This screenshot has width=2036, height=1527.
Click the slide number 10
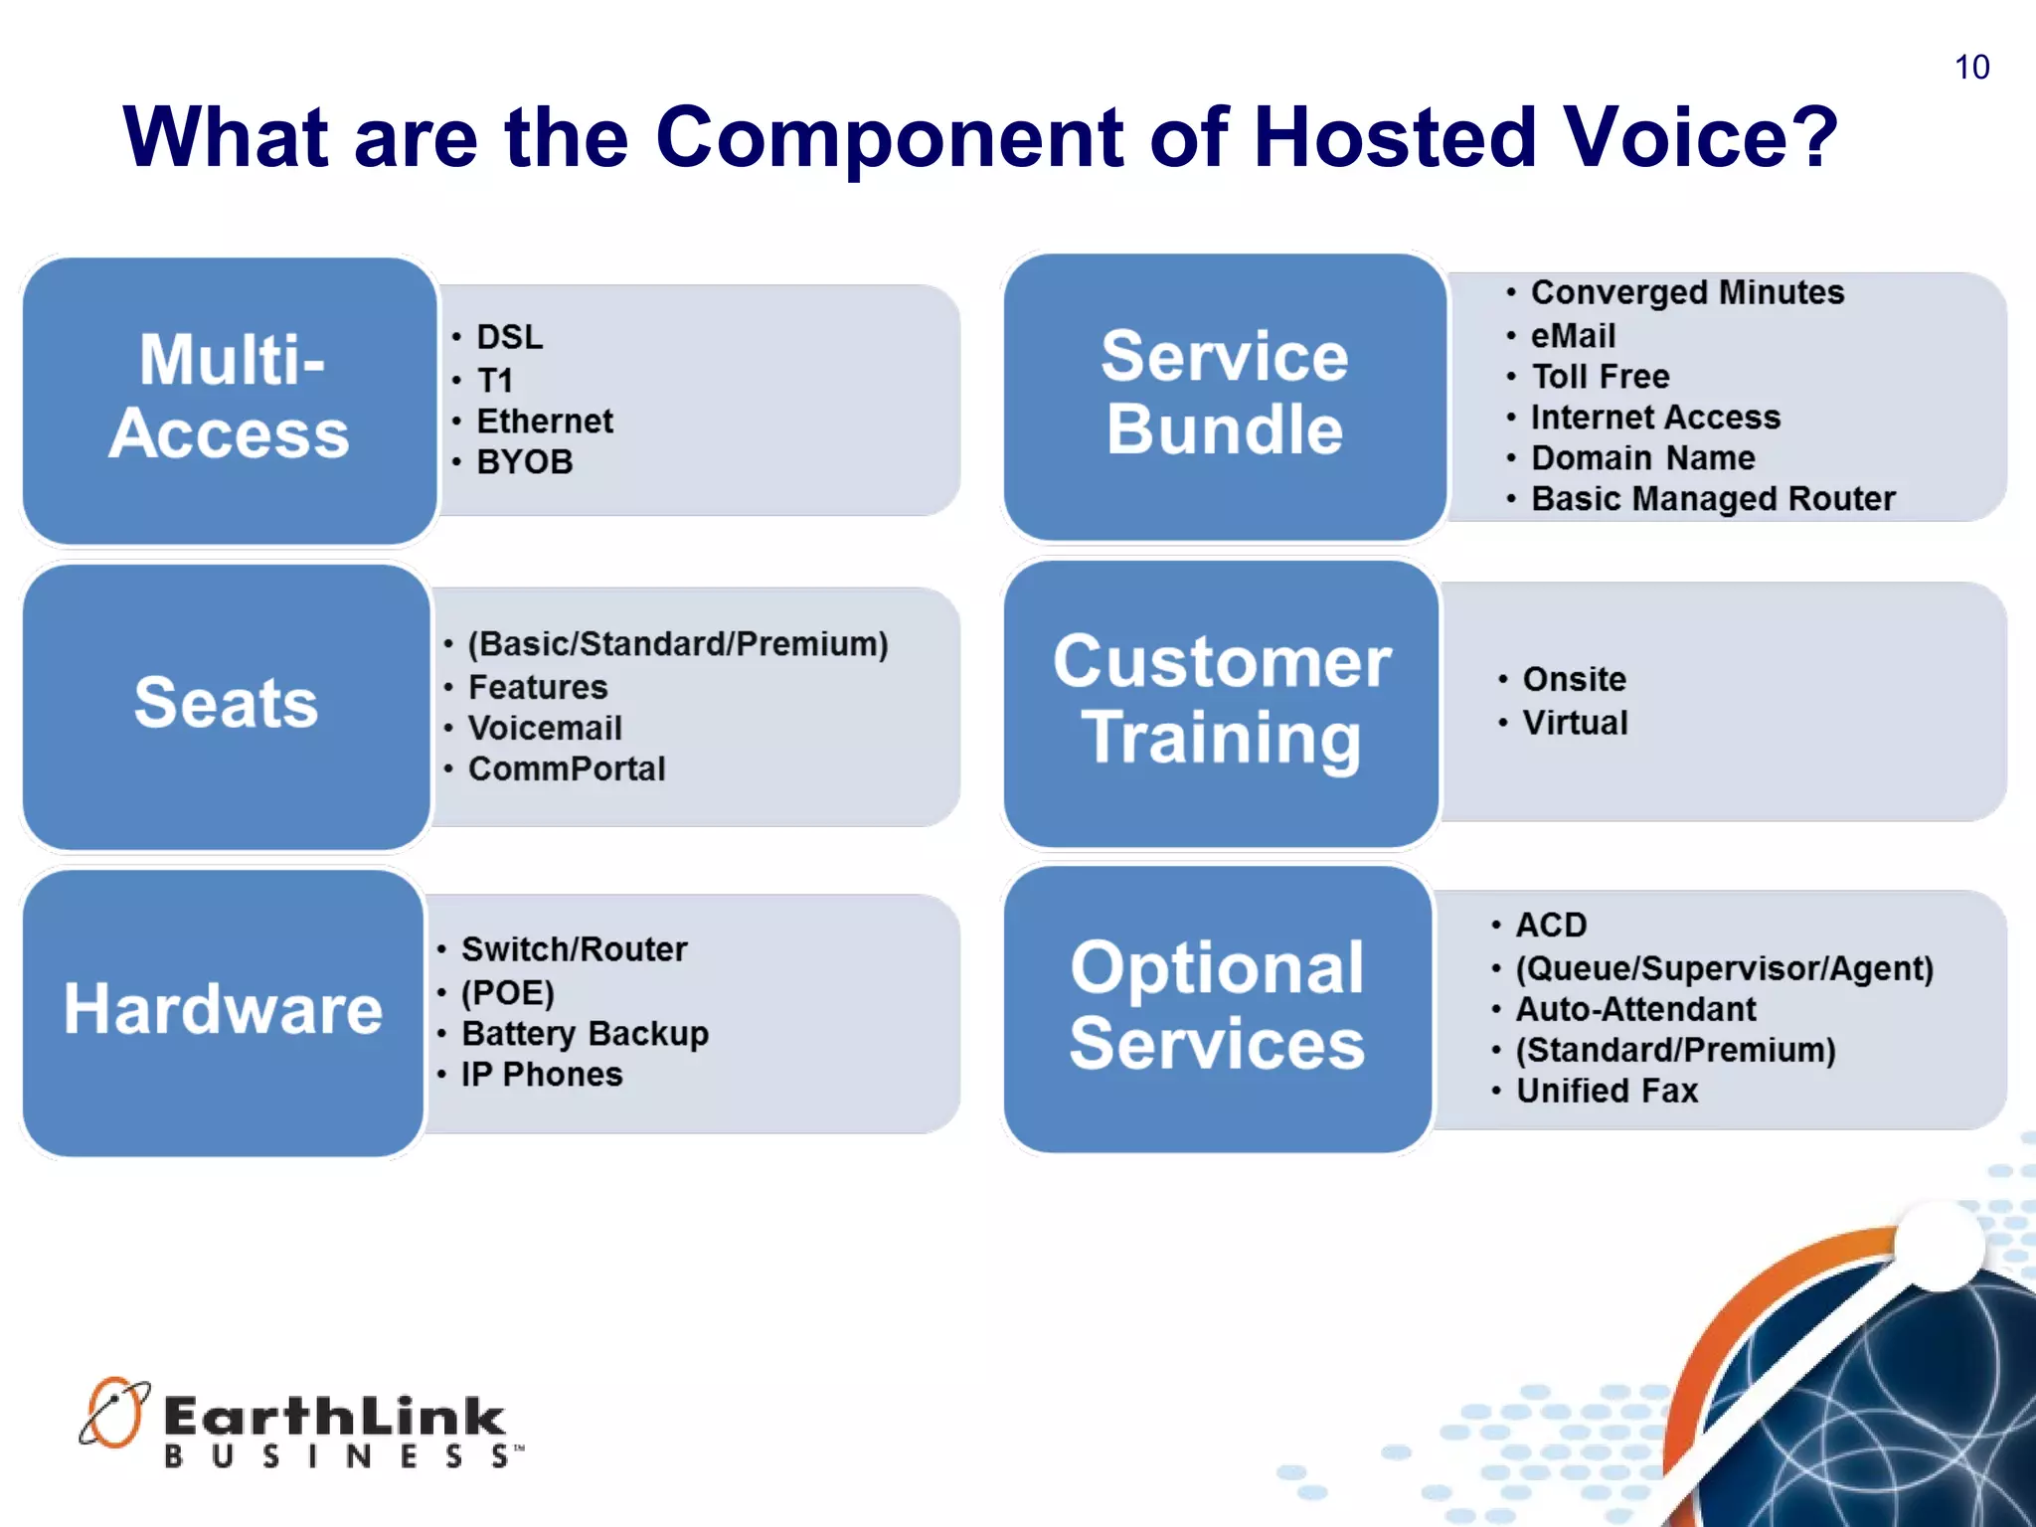click(1971, 68)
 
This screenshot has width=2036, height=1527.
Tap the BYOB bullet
click(524, 462)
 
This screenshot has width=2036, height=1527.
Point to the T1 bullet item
click(494, 380)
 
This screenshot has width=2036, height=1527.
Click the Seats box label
click(227, 704)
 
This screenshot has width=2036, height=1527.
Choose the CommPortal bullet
click(566, 768)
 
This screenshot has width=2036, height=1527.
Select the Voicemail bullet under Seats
click(545, 728)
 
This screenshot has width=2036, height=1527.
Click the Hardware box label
click(224, 1010)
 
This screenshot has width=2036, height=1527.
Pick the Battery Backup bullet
click(585, 1033)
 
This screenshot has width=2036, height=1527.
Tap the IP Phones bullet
click(542, 1075)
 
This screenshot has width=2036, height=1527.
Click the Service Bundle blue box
click(1224, 395)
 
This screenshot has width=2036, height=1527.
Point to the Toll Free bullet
click(1600, 377)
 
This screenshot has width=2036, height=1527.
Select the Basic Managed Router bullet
click(1712, 498)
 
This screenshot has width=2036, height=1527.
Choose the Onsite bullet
click(1574, 679)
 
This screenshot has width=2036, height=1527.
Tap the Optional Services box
click(1218, 1006)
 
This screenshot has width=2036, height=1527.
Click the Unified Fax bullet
click(1607, 1091)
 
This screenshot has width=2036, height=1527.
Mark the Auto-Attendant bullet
click(1635, 1009)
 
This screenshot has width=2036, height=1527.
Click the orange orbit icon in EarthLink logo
click(113, 1412)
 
